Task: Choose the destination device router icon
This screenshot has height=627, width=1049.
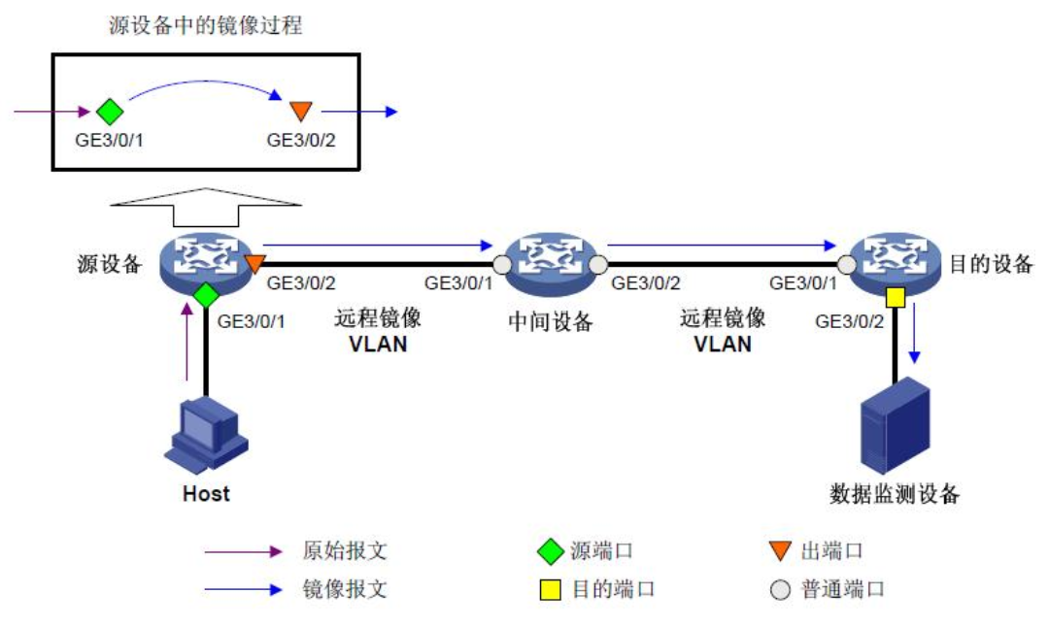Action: point(893,261)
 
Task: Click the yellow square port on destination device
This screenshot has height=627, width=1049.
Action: point(894,296)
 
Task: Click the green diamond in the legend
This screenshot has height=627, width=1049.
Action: point(551,551)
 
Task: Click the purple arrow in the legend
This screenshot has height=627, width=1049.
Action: point(242,551)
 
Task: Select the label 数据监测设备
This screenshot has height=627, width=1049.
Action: point(895,494)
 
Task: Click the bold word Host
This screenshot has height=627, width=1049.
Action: point(206,493)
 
